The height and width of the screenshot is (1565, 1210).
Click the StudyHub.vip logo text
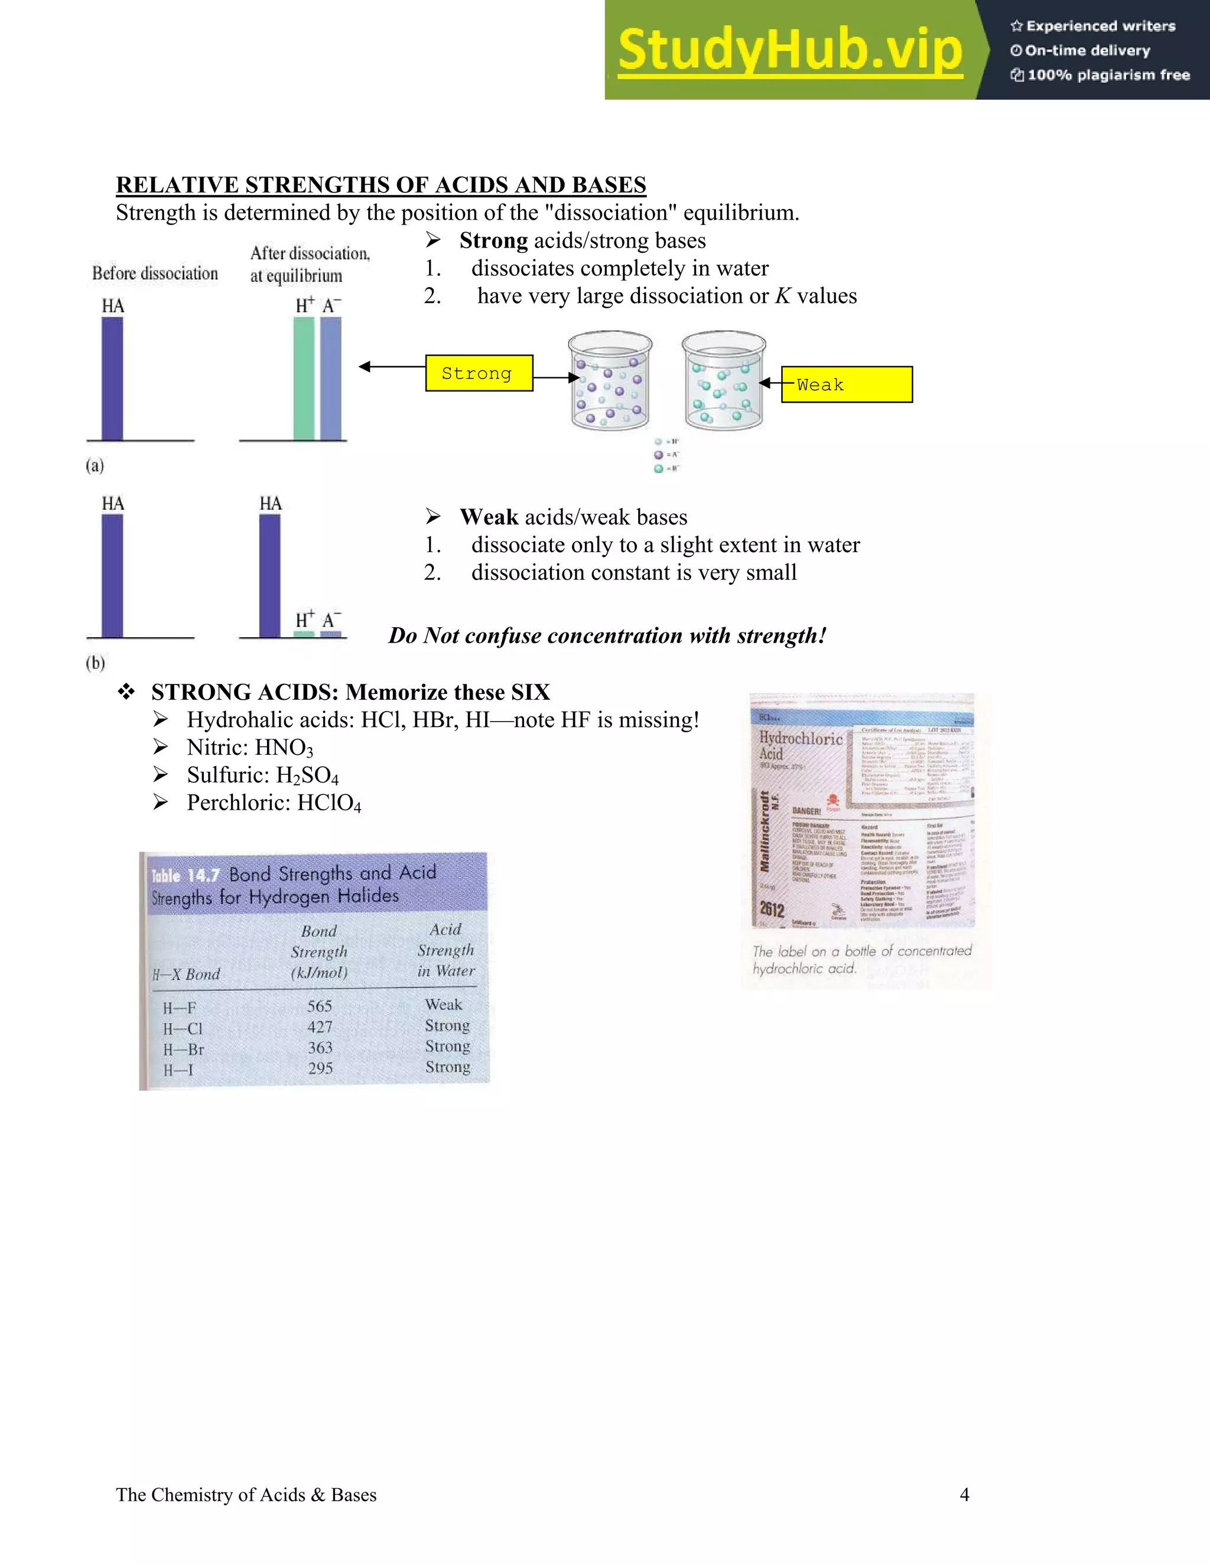pos(790,50)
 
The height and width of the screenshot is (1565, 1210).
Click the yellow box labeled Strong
pos(479,373)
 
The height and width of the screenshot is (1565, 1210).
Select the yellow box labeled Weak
pos(846,385)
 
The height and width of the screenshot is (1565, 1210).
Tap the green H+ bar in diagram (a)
pos(304,379)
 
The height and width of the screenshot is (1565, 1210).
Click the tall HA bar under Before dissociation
pos(112,379)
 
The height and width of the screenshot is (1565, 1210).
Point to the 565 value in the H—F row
pos(320,1006)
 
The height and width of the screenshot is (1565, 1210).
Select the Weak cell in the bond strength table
pos(444,1005)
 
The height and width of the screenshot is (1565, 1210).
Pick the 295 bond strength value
pos(320,1068)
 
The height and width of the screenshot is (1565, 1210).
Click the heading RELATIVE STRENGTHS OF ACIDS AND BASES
pos(380,185)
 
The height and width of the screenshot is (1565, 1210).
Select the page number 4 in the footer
pos(964,1495)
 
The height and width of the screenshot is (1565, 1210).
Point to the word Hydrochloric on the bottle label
pos(801,739)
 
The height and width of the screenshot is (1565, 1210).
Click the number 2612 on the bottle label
pos(772,909)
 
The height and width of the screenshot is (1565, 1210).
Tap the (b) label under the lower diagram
pos(95,663)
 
